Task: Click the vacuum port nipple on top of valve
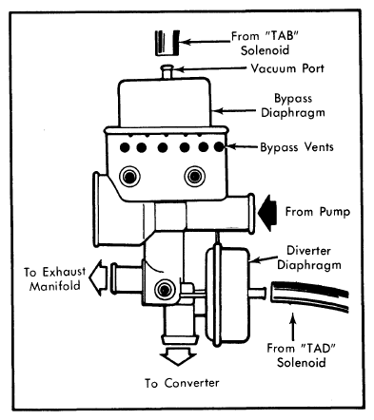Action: click(x=167, y=71)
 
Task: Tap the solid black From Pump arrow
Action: click(x=267, y=213)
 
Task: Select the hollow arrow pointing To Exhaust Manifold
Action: click(x=98, y=277)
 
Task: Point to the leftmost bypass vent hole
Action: click(x=125, y=147)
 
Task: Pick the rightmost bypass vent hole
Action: click(x=219, y=146)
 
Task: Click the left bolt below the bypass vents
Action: click(x=129, y=176)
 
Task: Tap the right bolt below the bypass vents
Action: click(x=195, y=176)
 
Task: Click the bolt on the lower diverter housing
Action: click(x=165, y=290)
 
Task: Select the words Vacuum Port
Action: click(x=287, y=68)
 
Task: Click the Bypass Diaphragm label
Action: click(x=292, y=105)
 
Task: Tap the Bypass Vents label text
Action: click(x=297, y=147)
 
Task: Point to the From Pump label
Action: click(x=318, y=212)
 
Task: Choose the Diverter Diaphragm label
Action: click(x=309, y=258)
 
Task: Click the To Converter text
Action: click(x=182, y=383)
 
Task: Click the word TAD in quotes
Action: click(x=318, y=348)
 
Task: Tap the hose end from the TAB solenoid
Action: click(x=167, y=43)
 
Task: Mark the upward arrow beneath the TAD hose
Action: click(x=294, y=326)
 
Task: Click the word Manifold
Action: click(x=54, y=286)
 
